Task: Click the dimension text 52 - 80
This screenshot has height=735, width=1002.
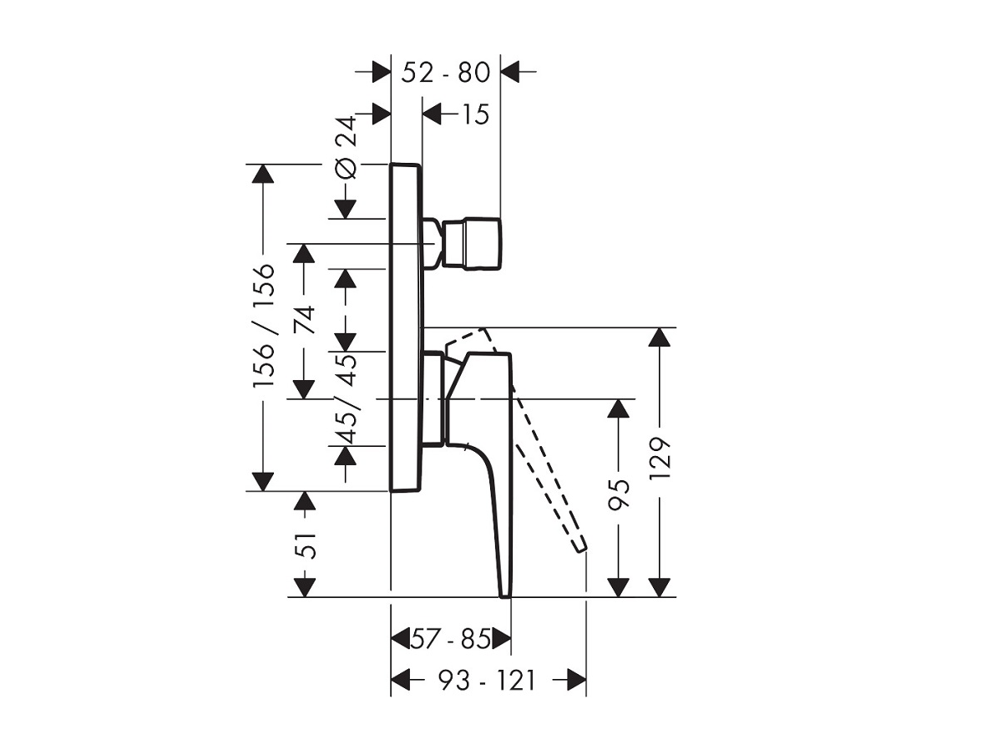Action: click(445, 73)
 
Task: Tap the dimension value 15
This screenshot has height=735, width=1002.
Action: click(474, 114)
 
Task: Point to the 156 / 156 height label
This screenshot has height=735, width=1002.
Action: click(264, 326)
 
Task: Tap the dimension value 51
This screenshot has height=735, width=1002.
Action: click(306, 545)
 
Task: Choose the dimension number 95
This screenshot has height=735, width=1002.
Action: click(618, 494)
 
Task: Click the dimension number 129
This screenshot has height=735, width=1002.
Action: click(660, 459)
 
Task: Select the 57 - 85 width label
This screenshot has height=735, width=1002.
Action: click(450, 641)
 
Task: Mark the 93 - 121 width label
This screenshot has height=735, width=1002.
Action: click(487, 681)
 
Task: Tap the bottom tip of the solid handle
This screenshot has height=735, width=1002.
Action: click(504, 593)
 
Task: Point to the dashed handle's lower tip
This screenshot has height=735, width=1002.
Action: click(579, 547)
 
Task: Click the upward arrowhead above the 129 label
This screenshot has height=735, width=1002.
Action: click(660, 337)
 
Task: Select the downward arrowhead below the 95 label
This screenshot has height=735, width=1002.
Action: click(618, 586)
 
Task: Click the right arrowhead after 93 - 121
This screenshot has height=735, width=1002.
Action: click(575, 680)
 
